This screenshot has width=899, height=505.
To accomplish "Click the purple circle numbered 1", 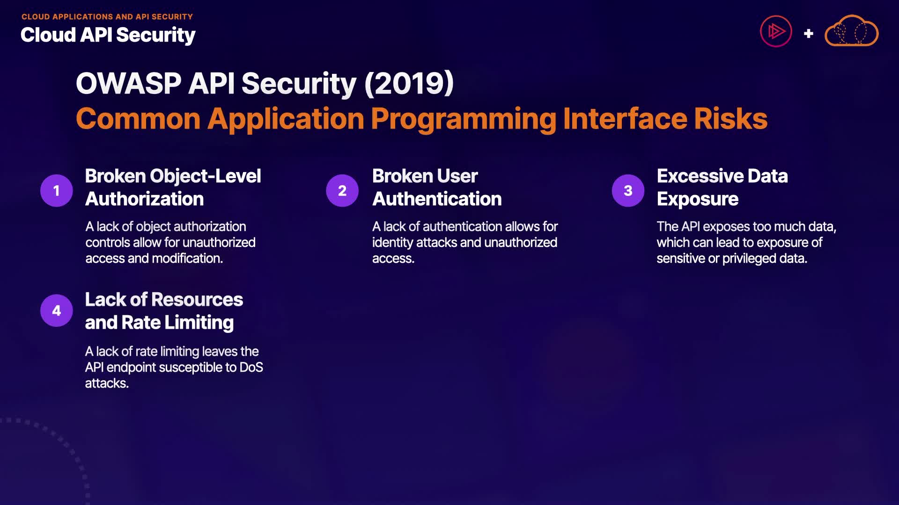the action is point(57,190).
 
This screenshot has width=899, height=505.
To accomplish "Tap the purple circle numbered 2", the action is point(342,190).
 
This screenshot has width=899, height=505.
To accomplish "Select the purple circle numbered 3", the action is point(628,190).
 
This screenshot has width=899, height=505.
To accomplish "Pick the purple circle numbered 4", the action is point(57,310).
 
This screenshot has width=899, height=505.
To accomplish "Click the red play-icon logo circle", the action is point(776,31).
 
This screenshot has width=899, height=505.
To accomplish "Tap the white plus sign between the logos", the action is point(808,34).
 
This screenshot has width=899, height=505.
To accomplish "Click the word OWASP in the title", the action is point(128,83).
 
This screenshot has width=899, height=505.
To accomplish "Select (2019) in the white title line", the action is point(409,83).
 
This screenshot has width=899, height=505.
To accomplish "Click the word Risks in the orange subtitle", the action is point(731,119).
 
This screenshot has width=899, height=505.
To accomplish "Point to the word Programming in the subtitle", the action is point(464,120).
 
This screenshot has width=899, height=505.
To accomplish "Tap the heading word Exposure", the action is point(698,200).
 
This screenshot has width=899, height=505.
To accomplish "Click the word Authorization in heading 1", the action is point(145,199).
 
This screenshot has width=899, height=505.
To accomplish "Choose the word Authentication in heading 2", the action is point(437,199).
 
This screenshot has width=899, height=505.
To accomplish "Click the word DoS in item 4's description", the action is point(251,367).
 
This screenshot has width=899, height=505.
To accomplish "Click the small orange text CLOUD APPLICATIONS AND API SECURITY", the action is point(107,17).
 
